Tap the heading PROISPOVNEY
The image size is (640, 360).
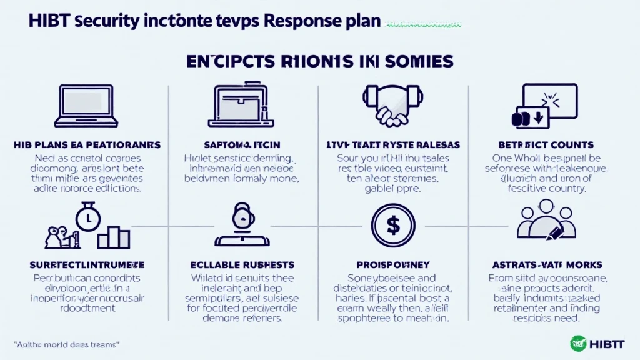coord(392,265)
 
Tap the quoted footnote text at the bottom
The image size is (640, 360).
coord(67,344)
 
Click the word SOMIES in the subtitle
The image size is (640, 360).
coord(418,61)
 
